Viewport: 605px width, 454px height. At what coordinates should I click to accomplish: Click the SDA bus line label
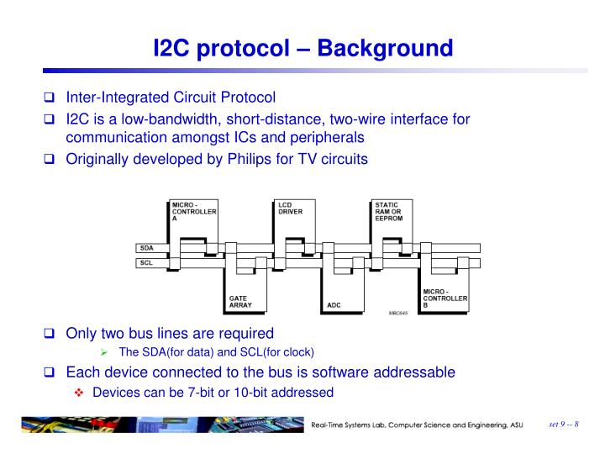click(x=146, y=248)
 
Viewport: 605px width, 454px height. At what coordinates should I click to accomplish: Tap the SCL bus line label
click(x=146, y=263)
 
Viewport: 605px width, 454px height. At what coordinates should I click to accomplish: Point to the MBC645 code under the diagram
click(x=398, y=312)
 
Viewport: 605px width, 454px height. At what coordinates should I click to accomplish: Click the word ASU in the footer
click(x=512, y=426)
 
